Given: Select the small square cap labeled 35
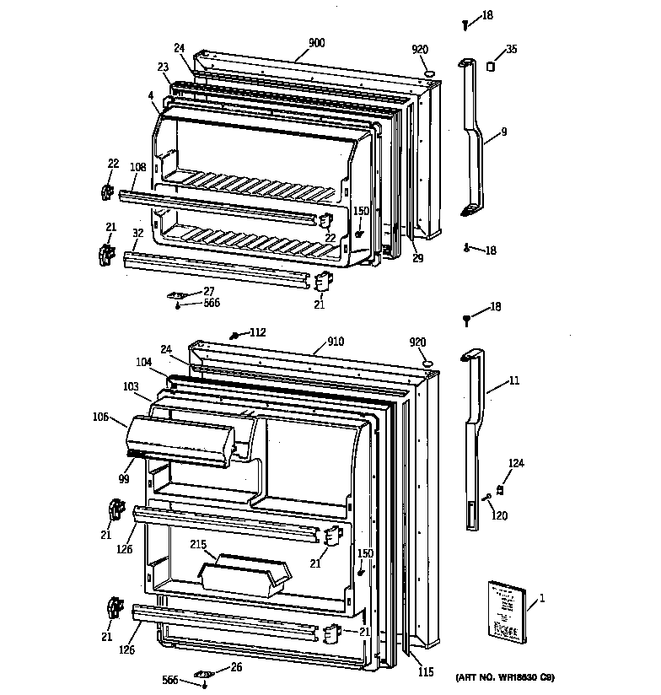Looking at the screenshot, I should pyautogui.click(x=488, y=66).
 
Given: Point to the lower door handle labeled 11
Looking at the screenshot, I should pyautogui.click(x=472, y=439).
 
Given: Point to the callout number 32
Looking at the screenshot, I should pyautogui.click(x=137, y=233).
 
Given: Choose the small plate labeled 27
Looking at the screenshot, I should pyautogui.click(x=177, y=295).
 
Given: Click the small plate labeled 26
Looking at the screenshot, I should pyautogui.click(x=203, y=674).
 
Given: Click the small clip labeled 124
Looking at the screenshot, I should pyautogui.click(x=501, y=488).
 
